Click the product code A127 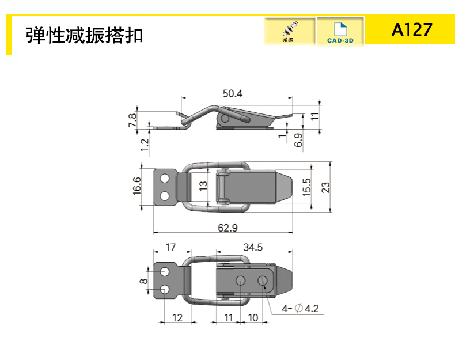pos(412,30)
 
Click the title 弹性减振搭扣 pos(85,36)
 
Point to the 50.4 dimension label pos(233,93)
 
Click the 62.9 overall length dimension pos(228,228)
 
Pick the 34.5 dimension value pos(253,247)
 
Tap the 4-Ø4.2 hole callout pos(300,308)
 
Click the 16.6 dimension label pos(136,186)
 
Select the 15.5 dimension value pos(307,187)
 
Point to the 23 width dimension pos(325,187)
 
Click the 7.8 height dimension pos(132,120)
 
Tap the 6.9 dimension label pos(298,140)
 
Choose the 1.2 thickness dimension pos(144,145)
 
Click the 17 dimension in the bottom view pos(170,247)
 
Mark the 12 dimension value pos(177,317)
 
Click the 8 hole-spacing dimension pos(143,281)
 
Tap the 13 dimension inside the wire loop pos(203,185)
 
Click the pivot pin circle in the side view pos(225,118)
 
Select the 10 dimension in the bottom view pos(253,317)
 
